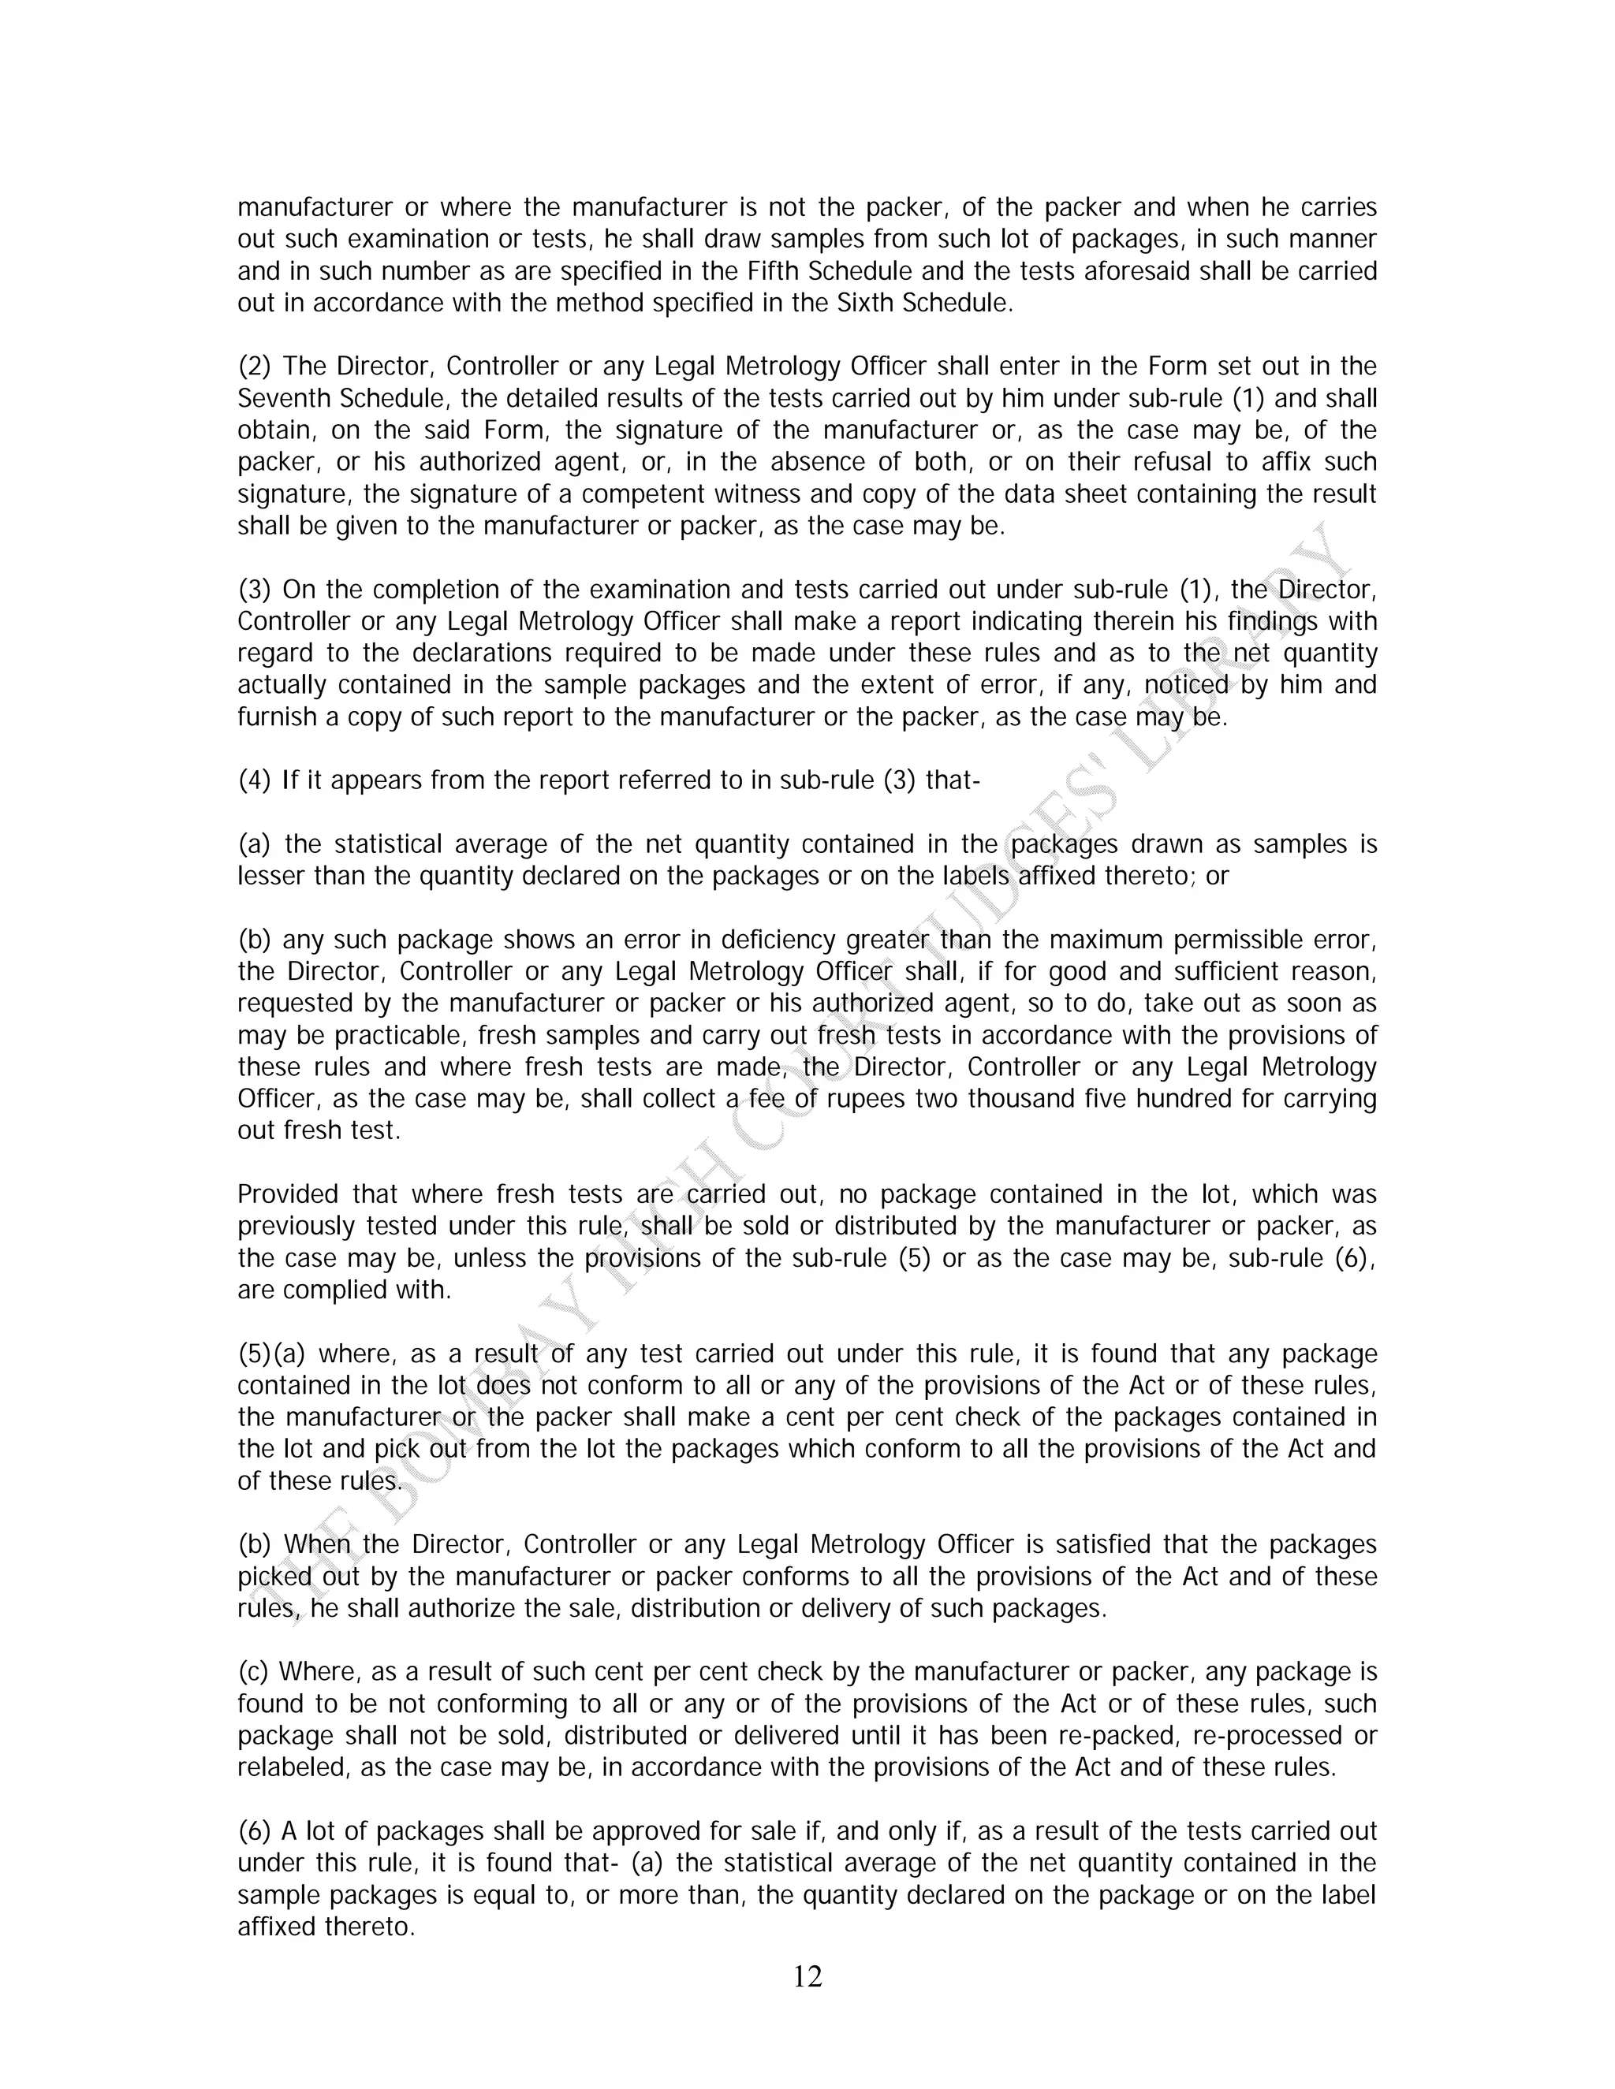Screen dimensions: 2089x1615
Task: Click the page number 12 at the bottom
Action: coord(807,1976)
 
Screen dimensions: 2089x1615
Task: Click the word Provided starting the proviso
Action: coord(288,1194)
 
